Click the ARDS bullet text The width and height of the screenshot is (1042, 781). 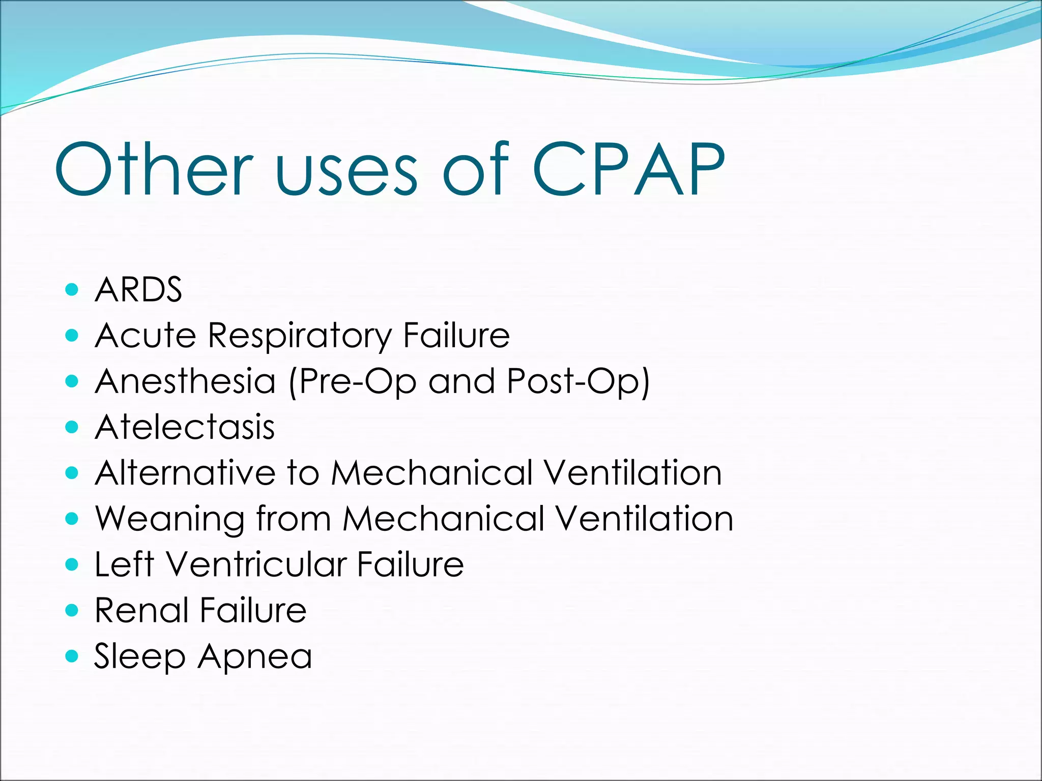tap(138, 290)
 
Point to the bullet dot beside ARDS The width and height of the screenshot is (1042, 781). tap(72, 290)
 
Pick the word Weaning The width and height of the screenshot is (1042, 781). tap(170, 519)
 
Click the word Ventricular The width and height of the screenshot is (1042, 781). tap(257, 564)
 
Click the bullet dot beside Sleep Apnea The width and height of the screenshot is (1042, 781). tap(72, 656)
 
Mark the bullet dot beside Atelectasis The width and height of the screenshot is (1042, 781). tap(72, 427)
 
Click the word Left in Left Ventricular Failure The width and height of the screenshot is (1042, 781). tap(124, 564)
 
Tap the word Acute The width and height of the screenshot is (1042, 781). tap(146, 336)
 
